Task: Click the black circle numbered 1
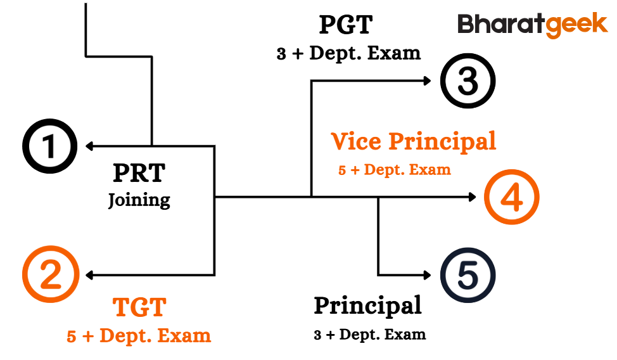click(50, 147)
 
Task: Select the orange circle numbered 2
click(50, 275)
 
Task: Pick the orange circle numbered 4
click(511, 197)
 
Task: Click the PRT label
click(139, 173)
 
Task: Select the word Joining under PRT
click(139, 200)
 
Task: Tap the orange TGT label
click(139, 308)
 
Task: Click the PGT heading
click(345, 25)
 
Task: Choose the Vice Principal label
click(414, 141)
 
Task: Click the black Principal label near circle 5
click(367, 305)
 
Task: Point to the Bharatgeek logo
click(532, 25)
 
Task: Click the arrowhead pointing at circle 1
click(89, 147)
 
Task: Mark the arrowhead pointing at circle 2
click(89, 275)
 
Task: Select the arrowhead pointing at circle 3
click(428, 80)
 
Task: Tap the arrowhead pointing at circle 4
click(472, 197)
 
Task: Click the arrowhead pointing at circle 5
click(428, 275)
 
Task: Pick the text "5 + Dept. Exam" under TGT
click(139, 335)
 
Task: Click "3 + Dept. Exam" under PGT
click(348, 53)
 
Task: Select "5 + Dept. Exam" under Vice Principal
click(394, 170)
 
